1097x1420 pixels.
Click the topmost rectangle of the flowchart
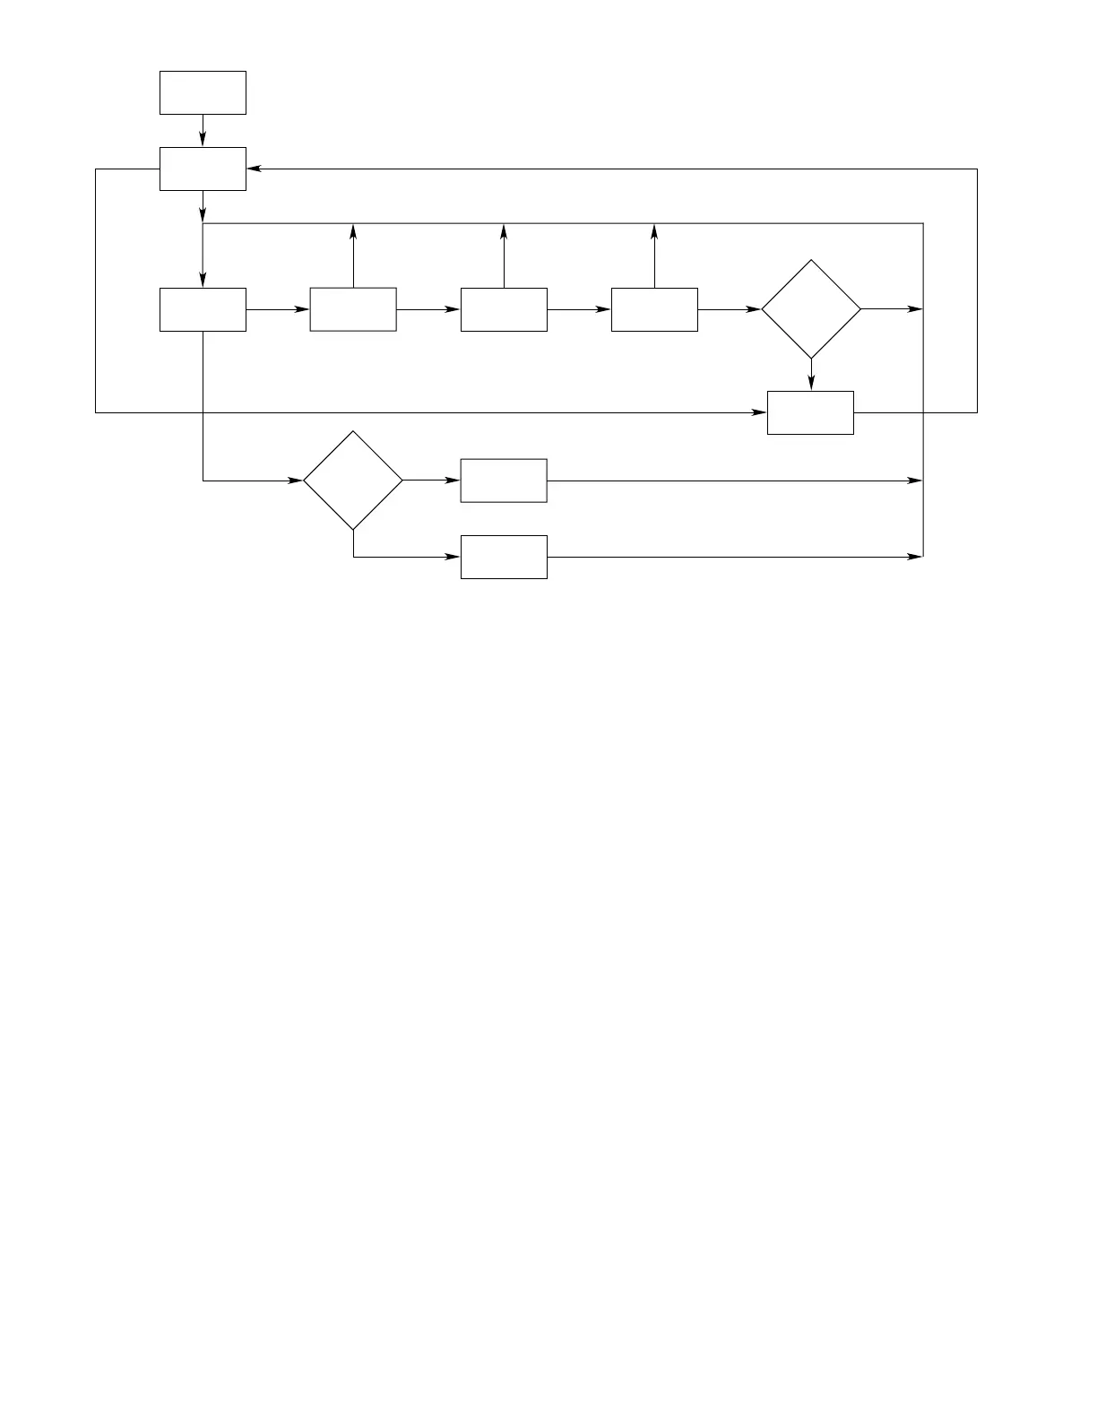(x=203, y=92)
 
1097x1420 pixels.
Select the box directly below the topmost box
(x=203, y=169)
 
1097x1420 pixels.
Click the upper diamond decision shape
(x=810, y=309)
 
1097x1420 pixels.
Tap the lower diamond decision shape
(x=353, y=481)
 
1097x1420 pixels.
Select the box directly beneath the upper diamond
(x=810, y=412)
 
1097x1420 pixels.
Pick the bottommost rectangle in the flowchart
(x=504, y=557)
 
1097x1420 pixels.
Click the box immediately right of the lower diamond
(x=504, y=481)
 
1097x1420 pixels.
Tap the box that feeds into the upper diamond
(x=654, y=309)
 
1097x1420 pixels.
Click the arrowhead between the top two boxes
(x=203, y=139)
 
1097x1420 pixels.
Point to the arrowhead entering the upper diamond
(x=754, y=309)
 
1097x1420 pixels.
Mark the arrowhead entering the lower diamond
(x=296, y=481)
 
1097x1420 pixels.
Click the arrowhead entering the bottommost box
(x=453, y=557)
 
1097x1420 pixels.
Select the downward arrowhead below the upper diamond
(x=810, y=383)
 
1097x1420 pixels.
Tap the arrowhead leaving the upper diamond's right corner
(x=915, y=309)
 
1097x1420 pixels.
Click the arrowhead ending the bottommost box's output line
(x=915, y=557)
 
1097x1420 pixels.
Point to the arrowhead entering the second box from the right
(x=604, y=309)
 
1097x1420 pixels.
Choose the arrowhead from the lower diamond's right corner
(x=453, y=481)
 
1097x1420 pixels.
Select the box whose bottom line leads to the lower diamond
(x=203, y=309)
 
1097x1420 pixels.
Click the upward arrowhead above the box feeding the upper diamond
(x=654, y=231)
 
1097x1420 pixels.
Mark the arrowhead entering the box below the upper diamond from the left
(x=760, y=412)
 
